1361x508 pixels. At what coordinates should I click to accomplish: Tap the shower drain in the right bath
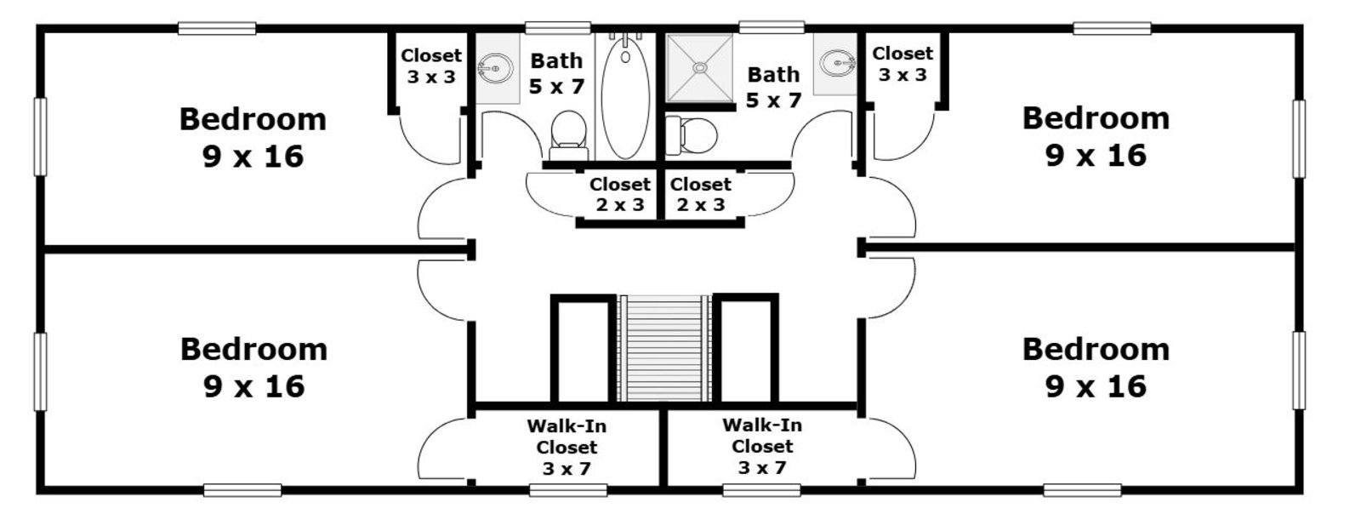[699, 66]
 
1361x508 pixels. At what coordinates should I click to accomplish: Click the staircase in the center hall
[664, 347]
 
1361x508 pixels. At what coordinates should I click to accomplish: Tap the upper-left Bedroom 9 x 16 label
[253, 137]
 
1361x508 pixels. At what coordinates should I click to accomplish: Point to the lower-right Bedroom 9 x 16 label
[1096, 367]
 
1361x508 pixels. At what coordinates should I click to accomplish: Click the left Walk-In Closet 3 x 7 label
[567, 447]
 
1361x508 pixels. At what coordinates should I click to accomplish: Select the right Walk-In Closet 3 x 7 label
[762, 446]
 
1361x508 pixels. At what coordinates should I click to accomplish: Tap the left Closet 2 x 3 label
[619, 194]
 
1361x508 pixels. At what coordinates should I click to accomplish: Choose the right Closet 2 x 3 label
[700, 194]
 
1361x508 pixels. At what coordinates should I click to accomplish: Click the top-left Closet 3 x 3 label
[431, 66]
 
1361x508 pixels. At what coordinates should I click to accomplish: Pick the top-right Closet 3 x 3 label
[903, 64]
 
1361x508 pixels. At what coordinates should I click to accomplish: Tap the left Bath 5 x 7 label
[557, 73]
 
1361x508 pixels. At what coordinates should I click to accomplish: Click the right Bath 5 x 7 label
[773, 87]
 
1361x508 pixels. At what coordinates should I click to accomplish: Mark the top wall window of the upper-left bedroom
[217, 29]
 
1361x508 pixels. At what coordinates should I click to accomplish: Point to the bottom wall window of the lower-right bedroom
[1082, 490]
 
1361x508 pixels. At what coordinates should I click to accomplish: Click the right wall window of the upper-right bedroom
[1298, 139]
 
